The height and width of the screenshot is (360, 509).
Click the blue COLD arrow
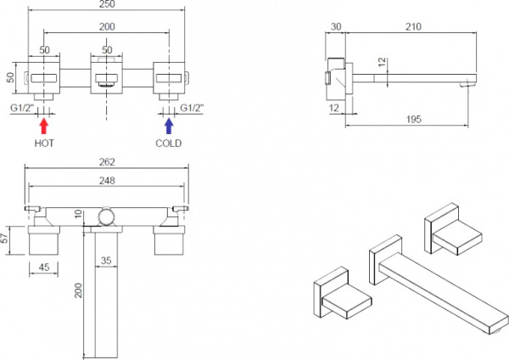click(x=168, y=127)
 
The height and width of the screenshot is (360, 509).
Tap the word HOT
click(x=44, y=144)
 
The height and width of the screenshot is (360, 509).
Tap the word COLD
click(x=169, y=144)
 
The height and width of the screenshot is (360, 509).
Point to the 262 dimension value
click(x=106, y=162)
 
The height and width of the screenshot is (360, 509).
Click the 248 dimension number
click(x=106, y=181)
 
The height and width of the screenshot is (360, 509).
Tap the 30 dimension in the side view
click(x=338, y=26)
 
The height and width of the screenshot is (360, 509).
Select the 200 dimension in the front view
click(x=106, y=27)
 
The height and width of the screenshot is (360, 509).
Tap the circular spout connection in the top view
click(x=106, y=217)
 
